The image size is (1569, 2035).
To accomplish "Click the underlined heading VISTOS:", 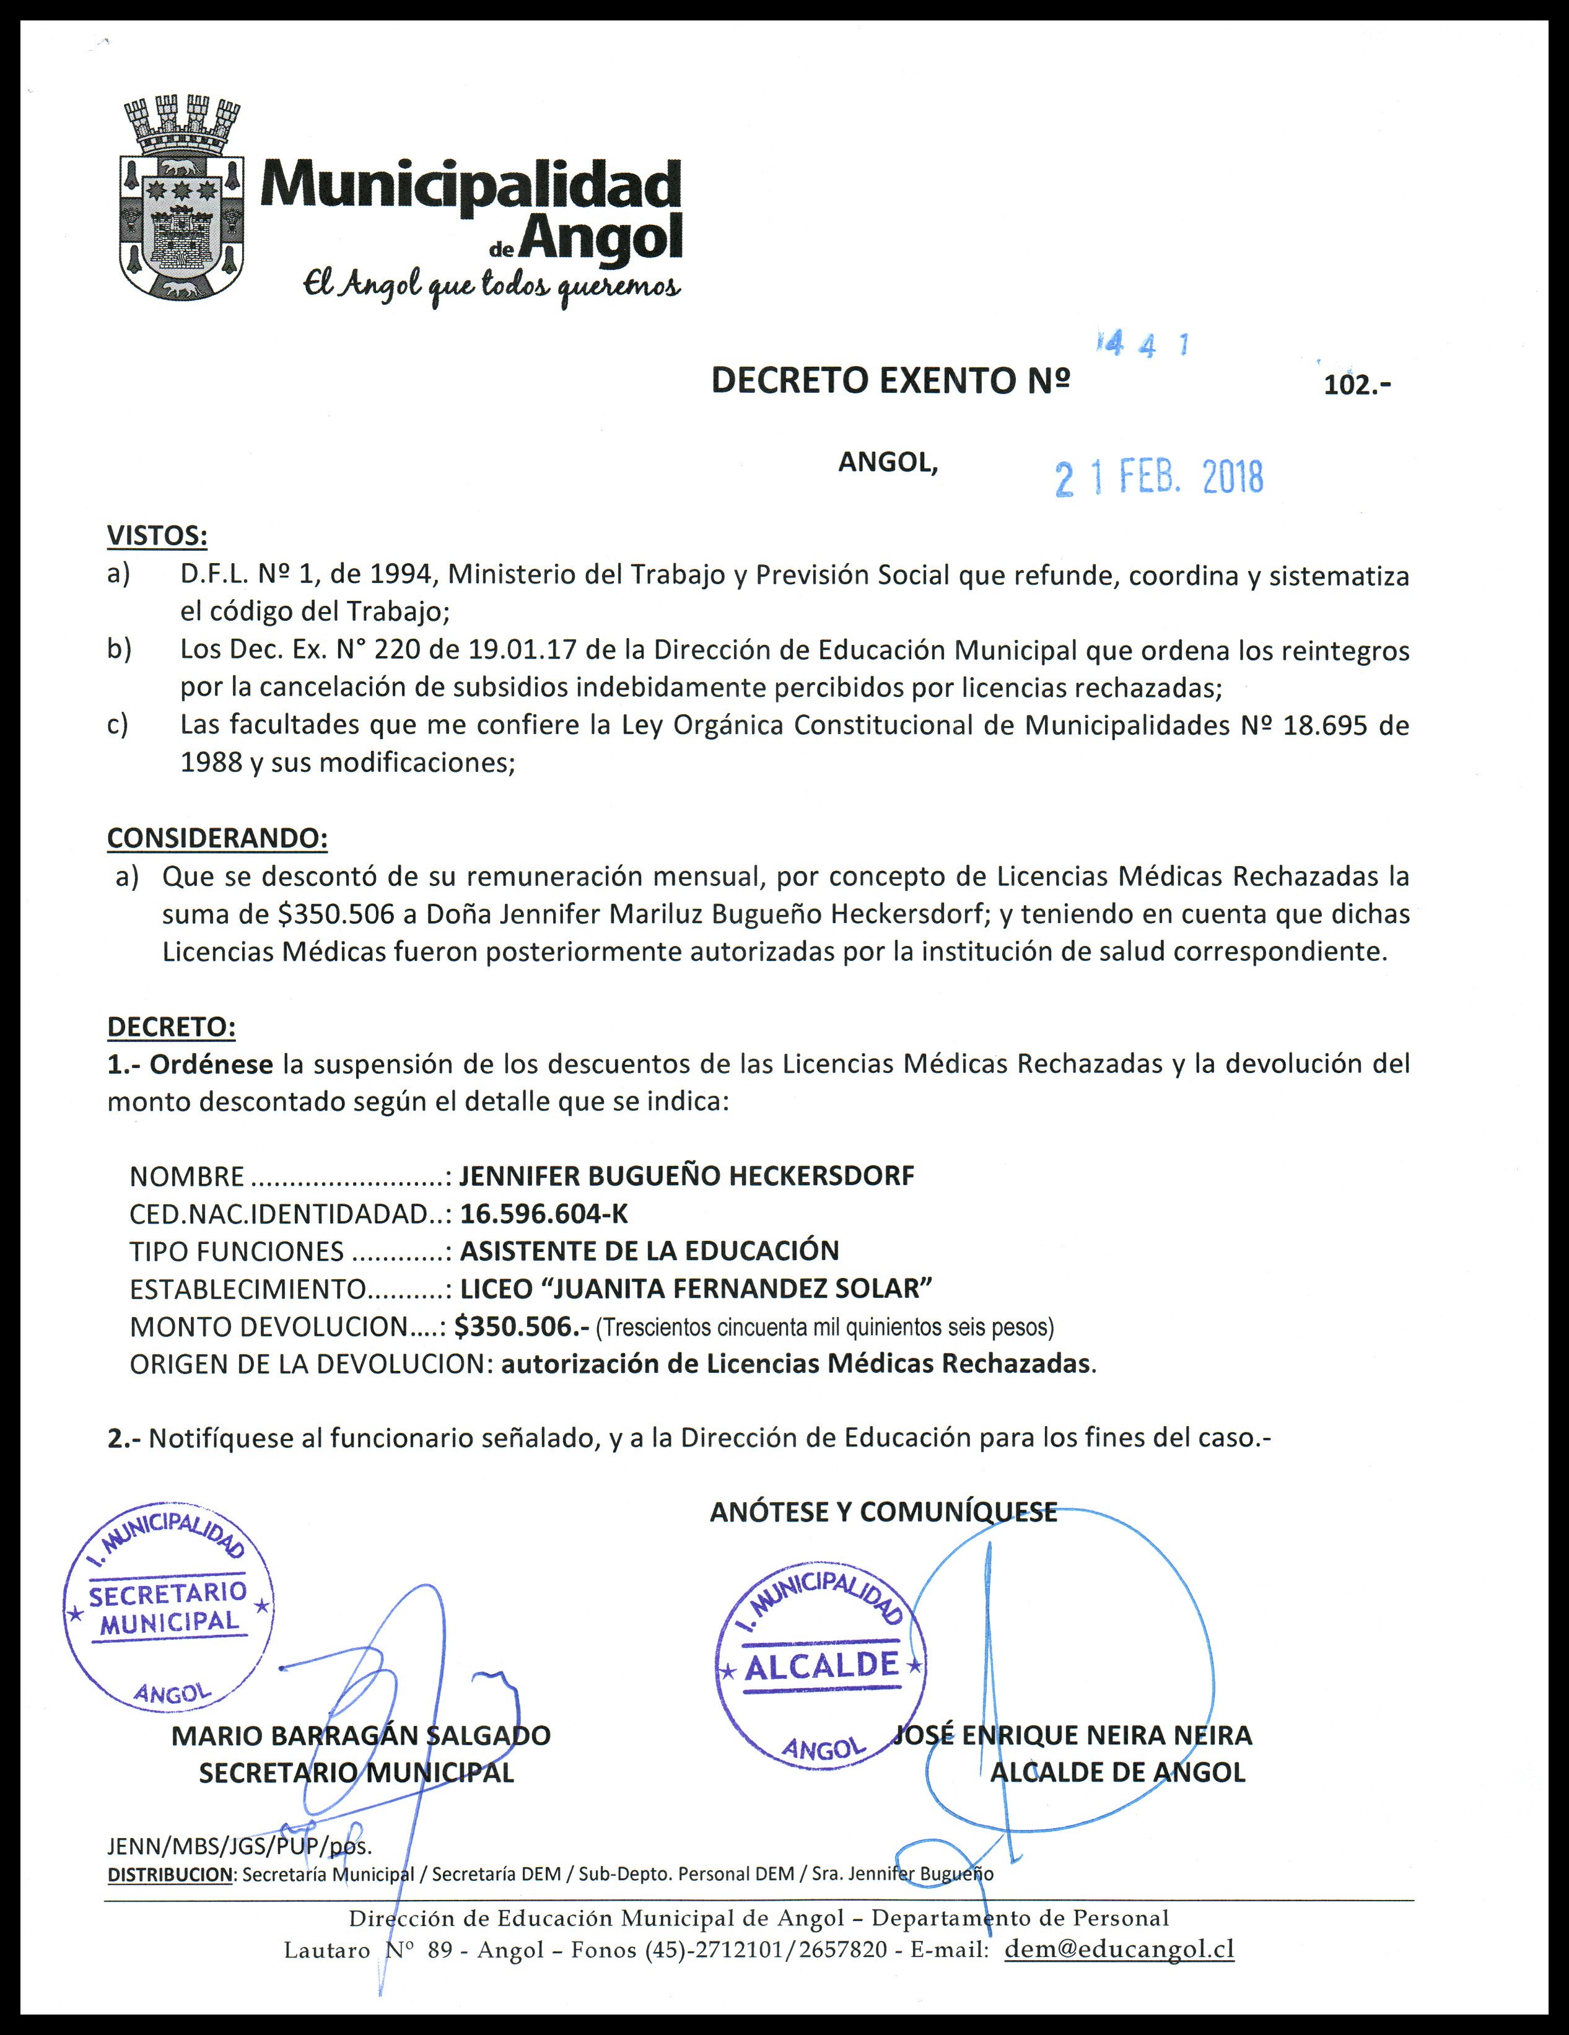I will (157, 536).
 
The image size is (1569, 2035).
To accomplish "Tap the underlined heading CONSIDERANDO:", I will (217, 838).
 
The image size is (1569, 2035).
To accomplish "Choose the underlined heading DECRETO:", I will (172, 1027).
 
